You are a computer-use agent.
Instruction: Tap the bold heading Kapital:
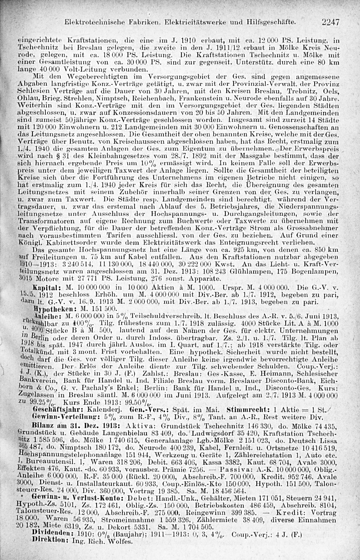[x=44, y=289]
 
